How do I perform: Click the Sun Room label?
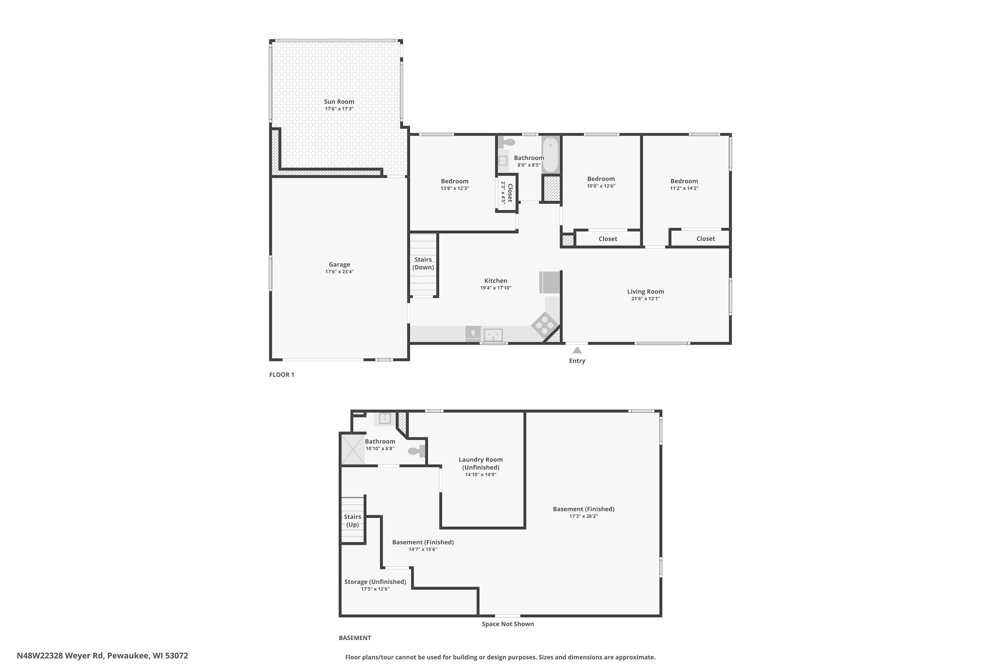pos(339,102)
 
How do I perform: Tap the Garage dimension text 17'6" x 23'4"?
pos(340,272)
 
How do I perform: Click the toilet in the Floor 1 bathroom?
pos(506,142)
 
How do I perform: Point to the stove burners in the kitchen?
pos(545,325)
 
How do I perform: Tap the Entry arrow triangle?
pos(577,350)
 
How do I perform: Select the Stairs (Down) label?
pos(423,263)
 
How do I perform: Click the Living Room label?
pos(646,291)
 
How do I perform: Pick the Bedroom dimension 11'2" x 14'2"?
pos(684,188)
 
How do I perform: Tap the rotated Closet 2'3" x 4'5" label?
pos(507,193)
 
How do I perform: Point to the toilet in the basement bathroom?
pos(416,451)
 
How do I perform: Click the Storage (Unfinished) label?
pos(375,582)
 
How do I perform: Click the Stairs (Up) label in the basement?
pos(352,521)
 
